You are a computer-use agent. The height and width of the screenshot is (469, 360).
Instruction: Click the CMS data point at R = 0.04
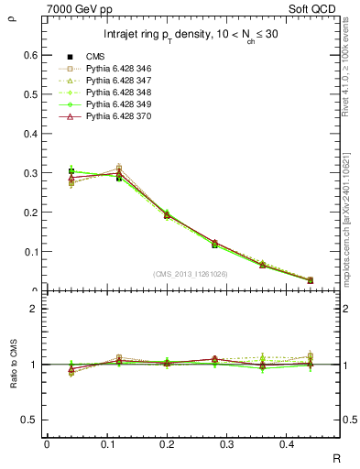(x=71, y=171)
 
